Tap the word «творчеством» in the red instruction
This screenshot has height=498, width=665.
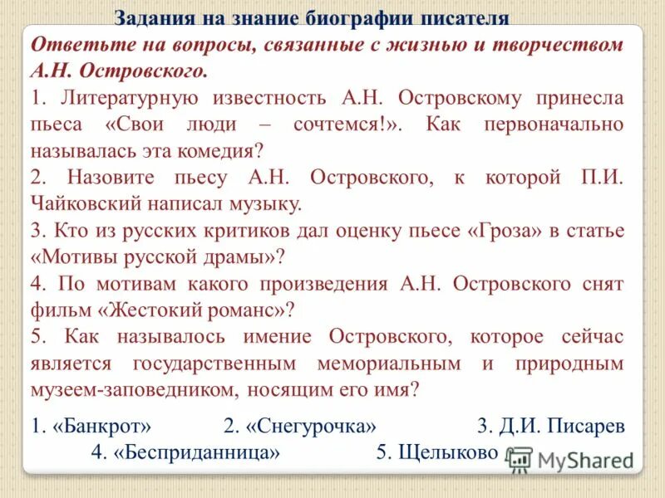click(554, 45)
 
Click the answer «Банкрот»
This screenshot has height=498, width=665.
click(101, 427)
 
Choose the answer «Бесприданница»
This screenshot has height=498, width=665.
click(195, 453)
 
